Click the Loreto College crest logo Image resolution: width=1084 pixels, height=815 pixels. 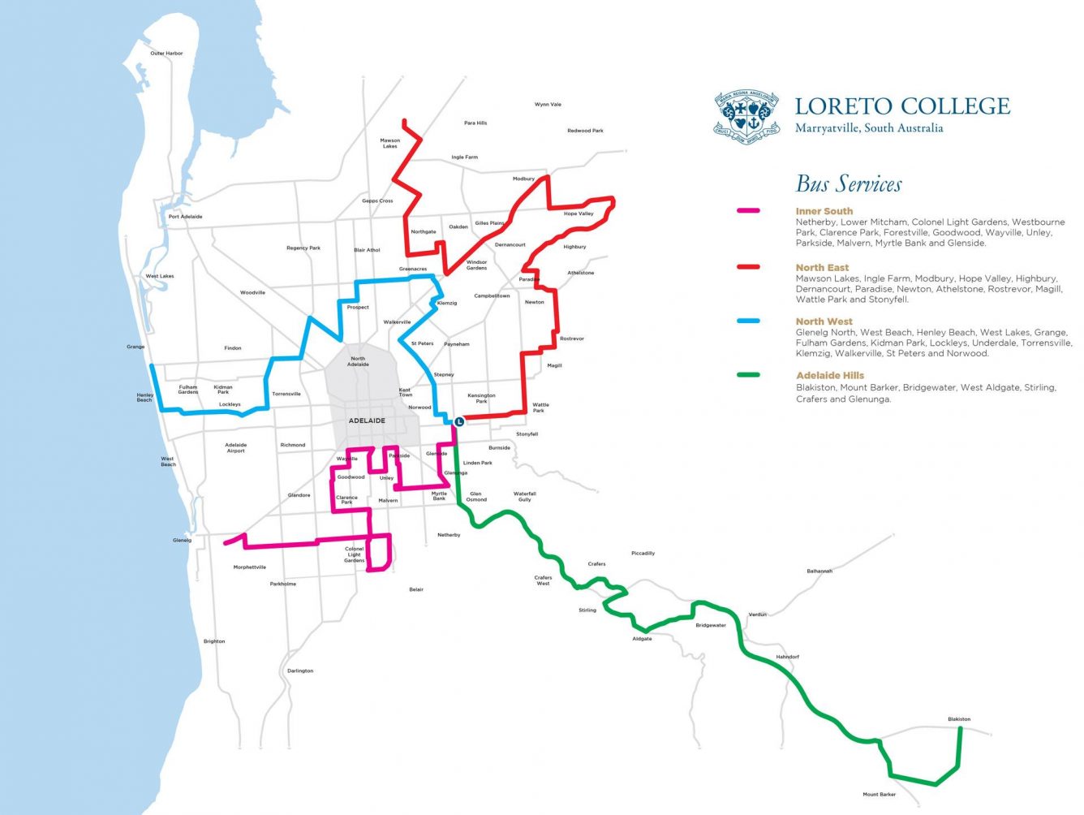(x=746, y=116)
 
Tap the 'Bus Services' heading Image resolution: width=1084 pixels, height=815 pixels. (x=848, y=184)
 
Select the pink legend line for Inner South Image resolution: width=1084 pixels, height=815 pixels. (x=747, y=211)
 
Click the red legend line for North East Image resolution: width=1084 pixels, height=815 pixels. (x=747, y=267)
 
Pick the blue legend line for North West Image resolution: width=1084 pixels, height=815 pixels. (x=747, y=321)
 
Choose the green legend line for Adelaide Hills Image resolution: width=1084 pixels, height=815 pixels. (x=747, y=375)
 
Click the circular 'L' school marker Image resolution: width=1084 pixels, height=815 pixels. (x=458, y=422)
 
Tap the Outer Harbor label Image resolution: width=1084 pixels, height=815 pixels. (x=166, y=54)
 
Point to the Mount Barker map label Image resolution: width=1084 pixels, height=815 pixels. (x=879, y=795)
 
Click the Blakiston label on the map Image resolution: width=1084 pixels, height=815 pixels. (x=958, y=719)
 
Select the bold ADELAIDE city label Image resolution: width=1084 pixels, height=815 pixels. (x=367, y=420)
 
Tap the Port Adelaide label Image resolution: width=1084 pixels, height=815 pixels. (x=185, y=217)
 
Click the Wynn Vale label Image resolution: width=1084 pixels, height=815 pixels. (x=548, y=105)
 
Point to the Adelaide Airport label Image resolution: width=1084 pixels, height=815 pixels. (x=235, y=448)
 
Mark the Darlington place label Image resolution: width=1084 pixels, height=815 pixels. (x=299, y=671)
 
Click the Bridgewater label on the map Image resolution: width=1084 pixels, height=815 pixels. (x=710, y=626)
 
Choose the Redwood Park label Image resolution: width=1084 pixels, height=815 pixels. (x=585, y=131)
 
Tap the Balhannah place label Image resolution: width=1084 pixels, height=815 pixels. (x=819, y=571)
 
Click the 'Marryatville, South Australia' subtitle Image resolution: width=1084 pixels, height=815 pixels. (x=869, y=128)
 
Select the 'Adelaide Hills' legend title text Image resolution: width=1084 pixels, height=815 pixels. (x=829, y=376)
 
